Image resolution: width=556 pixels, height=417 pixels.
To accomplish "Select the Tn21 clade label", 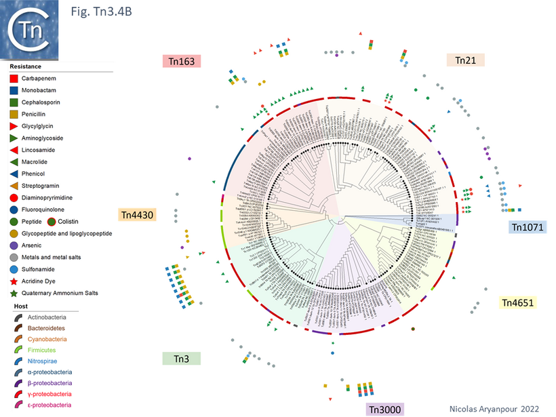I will (x=465, y=60).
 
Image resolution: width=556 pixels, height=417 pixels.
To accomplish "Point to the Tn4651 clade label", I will (x=517, y=302).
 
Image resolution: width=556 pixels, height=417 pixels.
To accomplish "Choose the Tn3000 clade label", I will (x=384, y=409).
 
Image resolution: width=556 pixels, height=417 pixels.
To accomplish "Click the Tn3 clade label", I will (x=181, y=359).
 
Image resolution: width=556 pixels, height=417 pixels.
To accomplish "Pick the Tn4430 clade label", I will (x=139, y=215).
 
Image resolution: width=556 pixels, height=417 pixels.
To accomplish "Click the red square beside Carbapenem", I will (x=14, y=79).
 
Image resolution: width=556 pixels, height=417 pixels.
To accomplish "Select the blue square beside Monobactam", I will (x=14, y=90).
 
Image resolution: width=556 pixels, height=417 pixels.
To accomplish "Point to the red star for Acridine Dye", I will (x=14, y=281).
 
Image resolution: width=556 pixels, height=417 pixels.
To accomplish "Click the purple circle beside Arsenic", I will (x=14, y=245).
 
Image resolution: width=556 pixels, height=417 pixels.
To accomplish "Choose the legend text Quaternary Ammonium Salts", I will (x=60, y=293).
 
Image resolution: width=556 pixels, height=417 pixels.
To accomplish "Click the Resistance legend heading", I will (x=25, y=66).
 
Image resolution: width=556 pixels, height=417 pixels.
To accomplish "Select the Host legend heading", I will (x=18, y=306).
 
